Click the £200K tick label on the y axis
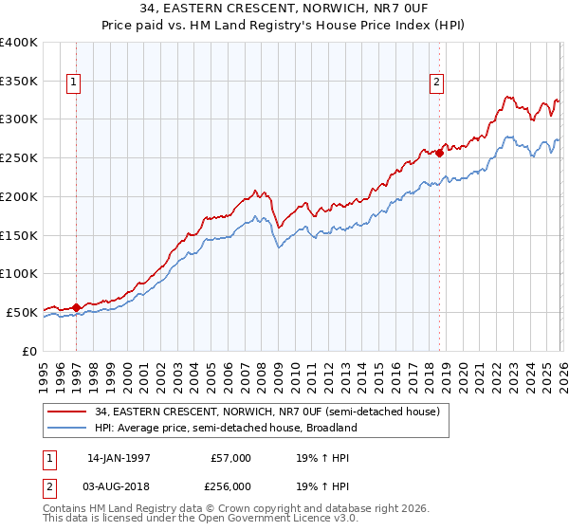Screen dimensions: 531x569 click(x=19, y=196)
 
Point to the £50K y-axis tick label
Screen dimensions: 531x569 click(x=22, y=312)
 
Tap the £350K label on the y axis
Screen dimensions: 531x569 click(x=19, y=81)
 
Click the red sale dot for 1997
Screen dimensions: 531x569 click(x=76, y=307)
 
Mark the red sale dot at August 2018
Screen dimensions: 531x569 click(x=439, y=153)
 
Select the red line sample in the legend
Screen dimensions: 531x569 click(x=66, y=412)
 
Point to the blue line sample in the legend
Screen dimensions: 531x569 click(x=66, y=428)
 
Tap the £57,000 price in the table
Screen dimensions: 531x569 click(x=231, y=458)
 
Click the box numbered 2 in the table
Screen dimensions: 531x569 click(x=50, y=485)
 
